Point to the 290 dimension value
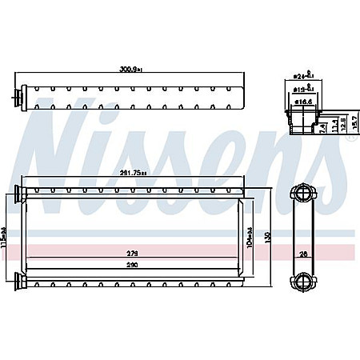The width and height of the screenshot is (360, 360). pos(131,266)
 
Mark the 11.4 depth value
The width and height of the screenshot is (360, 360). pos(332,126)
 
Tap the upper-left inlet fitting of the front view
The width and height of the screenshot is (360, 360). pos(20,193)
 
